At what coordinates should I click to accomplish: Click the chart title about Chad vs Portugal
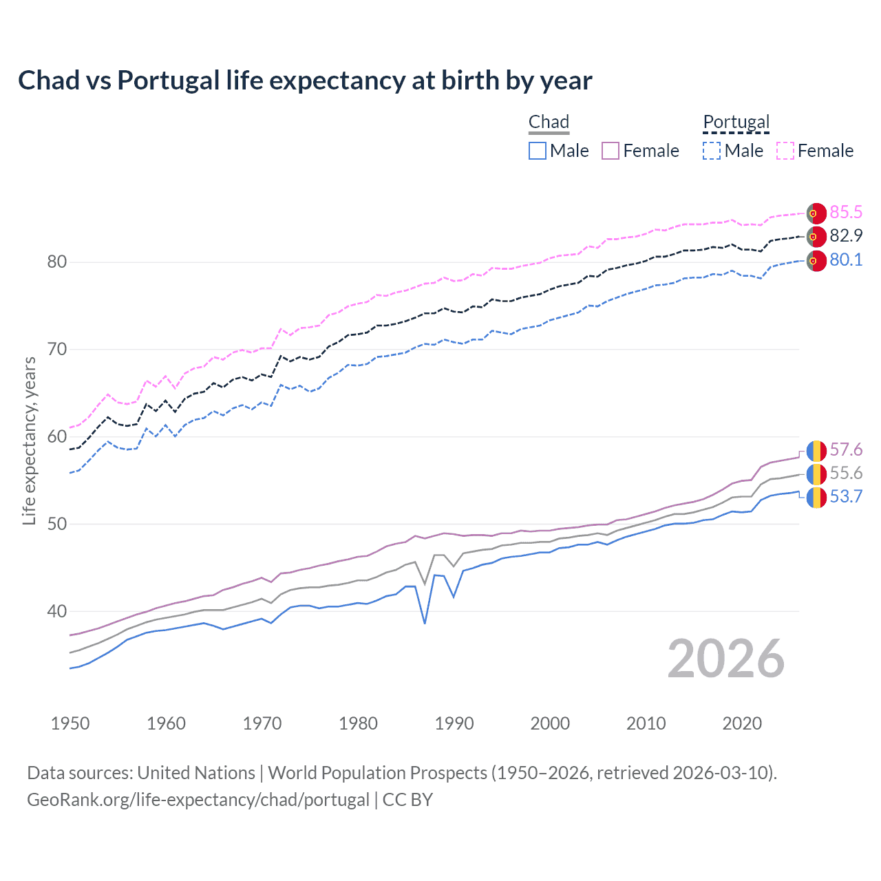pyautogui.click(x=305, y=81)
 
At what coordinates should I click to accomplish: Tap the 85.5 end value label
pyautogui.click(x=846, y=212)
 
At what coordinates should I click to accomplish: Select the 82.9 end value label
pyautogui.click(x=846, y=235)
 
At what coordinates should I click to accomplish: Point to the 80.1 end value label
pyautogui.click(x=846, y=259)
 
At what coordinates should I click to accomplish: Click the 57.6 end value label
pyautogui.click(x=846, y=449)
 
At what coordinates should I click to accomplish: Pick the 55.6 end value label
pyautogui.click(x=846, y=473)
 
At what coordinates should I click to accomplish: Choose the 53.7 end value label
pyautogui.click(x=846, y=496)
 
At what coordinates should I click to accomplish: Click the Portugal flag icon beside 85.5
pyautogui.click(x=816, y=213)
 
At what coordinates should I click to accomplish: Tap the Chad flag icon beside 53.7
pyautogui.click(x=816, y=497)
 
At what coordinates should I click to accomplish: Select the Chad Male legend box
pyautogui.click(x=538, y=151)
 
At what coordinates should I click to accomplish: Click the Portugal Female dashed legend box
pyautogui.click(x=785, y=151)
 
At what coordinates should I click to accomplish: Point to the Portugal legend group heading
pyautogui.click(x=736, y=122)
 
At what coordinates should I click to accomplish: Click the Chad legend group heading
pyautogui.click(x=549, y=122)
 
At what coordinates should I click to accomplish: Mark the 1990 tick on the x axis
pyautogui.click(x=454, y=723)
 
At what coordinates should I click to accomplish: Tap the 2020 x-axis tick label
pyautogui.click(x=742, y=723)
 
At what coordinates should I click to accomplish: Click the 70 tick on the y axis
pyautogui.click(x=57, y=349)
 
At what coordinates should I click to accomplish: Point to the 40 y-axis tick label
pyautogui.click(x=57, y=611)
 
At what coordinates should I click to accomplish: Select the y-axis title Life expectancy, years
pyautogui.click(x=29, y=440)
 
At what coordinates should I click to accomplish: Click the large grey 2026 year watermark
pyautogui.click(x=726, y=659)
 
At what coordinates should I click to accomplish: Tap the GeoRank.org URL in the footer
pyautogui.click(x=198, y=800)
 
